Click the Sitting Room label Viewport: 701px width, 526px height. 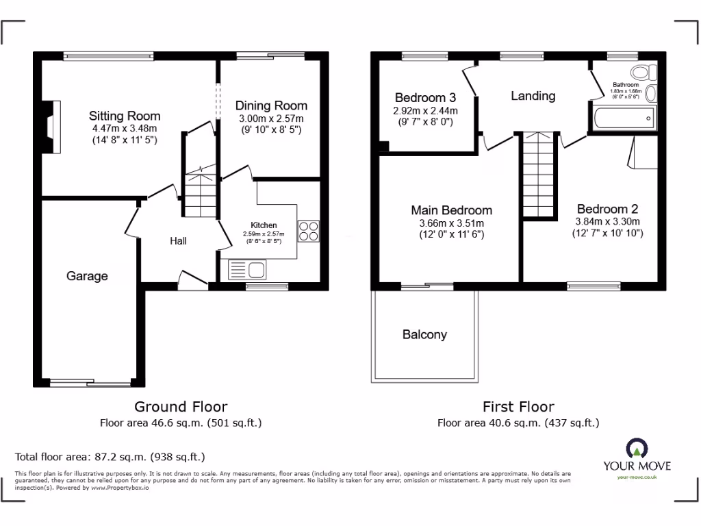tap(125, 116)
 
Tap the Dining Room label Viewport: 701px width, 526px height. tap(271, 105)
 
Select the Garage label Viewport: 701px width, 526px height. tap(87, 276)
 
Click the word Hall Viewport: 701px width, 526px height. tap(179, 241)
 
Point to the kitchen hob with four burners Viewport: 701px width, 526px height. tap(309, 231)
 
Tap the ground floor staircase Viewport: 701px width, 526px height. tap(199, 194)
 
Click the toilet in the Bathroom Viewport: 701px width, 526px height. tap(643, 73)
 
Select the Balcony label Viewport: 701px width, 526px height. tap(424, 334)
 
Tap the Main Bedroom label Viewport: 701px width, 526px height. tap(451, 210)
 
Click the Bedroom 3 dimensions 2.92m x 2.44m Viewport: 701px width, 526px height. tap(425, 110)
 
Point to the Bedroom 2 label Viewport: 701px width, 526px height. tap(607, 209)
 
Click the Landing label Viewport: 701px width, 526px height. tap(533, 96)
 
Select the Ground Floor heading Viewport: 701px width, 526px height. tap(181, 407)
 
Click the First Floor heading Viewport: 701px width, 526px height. tap(518, 407)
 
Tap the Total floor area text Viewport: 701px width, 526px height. tap(110, 456)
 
